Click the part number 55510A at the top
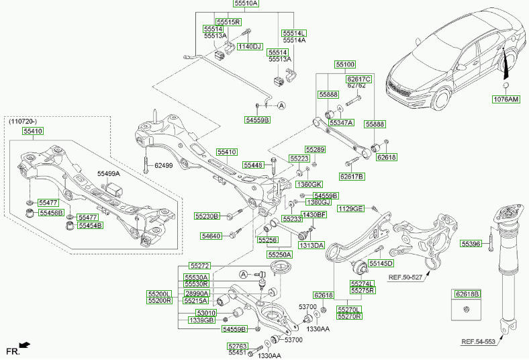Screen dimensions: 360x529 (x=246, y=4)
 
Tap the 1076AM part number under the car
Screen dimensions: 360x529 (x=506, y=99)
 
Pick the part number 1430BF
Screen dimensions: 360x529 (x=314, y=215)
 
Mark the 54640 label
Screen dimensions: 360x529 (x=210, y=236)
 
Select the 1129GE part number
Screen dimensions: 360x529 (x=350, y=209)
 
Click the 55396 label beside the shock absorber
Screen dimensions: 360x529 (x=471, y=244)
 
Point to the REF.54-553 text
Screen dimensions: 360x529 (x=478, y=342)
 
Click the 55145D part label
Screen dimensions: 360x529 (x=381, y=263)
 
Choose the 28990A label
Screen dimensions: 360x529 (x=197, y=294)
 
